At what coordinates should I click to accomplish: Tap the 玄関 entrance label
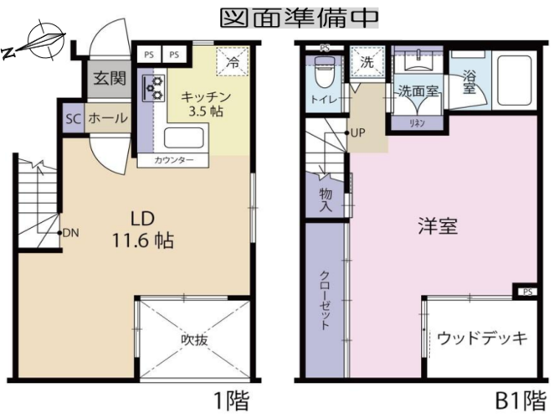click(x=110, y=78)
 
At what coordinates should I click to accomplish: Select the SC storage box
click(x=74, y=118)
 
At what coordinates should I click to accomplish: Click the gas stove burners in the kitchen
click(x=154, y=88)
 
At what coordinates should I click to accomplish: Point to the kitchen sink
click(x=184, y=137)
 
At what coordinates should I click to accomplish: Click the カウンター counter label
click(x=173, y=160)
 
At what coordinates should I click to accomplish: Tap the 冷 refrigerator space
click(x=233, y=61)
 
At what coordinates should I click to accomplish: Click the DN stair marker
click(x=70, y=234)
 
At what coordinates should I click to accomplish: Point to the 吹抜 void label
click(x=194, y=339)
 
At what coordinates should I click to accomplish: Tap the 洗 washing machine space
click(x=367, y=61)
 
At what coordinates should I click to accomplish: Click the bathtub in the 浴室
click(x=515, y=81)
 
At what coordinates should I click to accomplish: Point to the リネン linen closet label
click(x=417, y=123)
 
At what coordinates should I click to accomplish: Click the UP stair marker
click(x=356, y=133)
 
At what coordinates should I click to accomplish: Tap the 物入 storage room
click(x=326, y=200)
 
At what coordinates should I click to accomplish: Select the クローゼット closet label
click(x=325, y=301)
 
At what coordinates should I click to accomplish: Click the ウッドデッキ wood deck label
click(x=482, y=338)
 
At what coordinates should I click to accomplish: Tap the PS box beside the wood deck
click(x=528, y=292)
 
